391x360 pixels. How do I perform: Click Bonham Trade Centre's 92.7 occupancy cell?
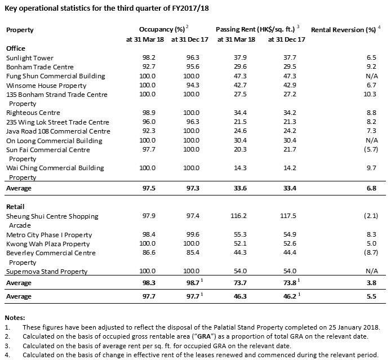pos(147,66)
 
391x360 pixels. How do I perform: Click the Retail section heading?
pos(15,207)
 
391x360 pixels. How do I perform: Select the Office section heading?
pos(15,48)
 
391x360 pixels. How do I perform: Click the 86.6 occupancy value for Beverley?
pos(147,253)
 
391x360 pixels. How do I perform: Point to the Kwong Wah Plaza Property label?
pos(48,244)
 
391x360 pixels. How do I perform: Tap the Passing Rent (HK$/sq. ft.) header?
pos(256,29)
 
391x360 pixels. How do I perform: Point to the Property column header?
pos(20,29)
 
